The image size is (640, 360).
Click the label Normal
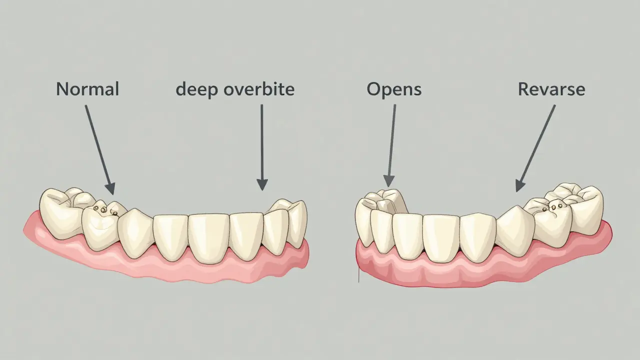click(87, 89)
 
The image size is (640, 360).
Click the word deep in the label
click(197, 90)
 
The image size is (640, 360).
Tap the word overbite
click(259, 89)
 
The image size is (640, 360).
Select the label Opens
click(394, 90)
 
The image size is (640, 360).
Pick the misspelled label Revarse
click(551, 89)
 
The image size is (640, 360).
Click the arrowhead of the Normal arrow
click(110, 188)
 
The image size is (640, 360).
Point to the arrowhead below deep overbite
click(262, 184)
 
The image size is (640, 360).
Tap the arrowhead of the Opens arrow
click(388, 181)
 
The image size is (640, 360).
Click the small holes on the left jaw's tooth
click(105, 210)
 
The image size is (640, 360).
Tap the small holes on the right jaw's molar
click(552, 207)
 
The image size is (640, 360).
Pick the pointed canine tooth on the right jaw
click(515, 231)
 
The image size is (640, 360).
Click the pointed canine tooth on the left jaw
click(135, 233)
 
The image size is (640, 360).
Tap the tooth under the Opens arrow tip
click(384, 203)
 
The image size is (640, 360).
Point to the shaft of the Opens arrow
click(392, 140)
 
